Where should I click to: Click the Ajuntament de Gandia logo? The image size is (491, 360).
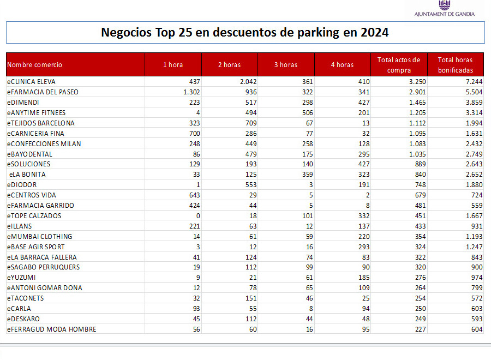(444, 8)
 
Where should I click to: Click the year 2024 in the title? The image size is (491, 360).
(374, 32)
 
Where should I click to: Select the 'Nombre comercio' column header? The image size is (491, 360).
(34, 65)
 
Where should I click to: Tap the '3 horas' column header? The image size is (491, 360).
(286, 65)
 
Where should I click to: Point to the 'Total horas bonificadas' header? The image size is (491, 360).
(456, 65)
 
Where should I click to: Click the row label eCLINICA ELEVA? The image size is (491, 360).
(31, 82)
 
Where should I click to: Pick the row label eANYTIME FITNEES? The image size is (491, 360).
(37, 113)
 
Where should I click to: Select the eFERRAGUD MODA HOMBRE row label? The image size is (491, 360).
(52, 329)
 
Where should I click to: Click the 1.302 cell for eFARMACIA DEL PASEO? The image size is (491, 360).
(191, 92)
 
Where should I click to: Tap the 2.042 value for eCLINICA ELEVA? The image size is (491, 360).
(248, 82)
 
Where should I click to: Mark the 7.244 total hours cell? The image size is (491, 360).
(474, 82)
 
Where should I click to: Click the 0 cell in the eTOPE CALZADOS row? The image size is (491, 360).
(198, 216)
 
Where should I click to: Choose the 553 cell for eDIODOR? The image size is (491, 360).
(251, 185)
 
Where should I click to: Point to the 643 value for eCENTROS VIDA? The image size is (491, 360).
(194, 195)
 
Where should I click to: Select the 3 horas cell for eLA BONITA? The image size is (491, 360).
(308, 175)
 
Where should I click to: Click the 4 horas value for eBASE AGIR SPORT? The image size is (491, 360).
(364, 247)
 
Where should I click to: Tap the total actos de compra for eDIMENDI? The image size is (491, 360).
(417, 103)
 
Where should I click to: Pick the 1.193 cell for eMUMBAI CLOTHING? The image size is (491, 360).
(474, 237)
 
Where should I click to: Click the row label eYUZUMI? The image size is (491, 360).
(21, 278)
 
